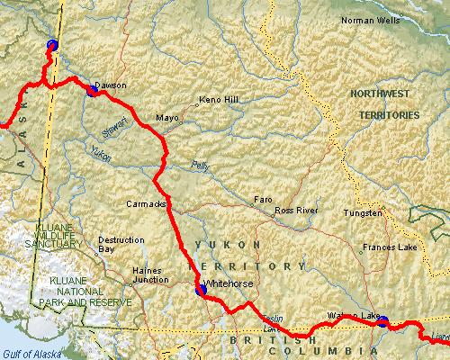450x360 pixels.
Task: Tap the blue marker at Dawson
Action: tap(92, 90)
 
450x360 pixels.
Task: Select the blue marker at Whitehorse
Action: tap(200, 290)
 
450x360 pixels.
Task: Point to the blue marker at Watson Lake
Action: tap(382, 321)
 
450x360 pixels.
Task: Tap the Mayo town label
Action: tap(167, 118)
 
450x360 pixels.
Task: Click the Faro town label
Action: tap(263, 199)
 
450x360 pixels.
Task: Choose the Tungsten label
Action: tap(364, 213)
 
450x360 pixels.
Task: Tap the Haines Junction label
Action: tap(150, 274)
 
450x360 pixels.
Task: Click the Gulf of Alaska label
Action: tap(27, 353)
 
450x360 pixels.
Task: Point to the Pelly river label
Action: tap(199, 166)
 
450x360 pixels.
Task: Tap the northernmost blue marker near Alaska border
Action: tap(51, 45)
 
